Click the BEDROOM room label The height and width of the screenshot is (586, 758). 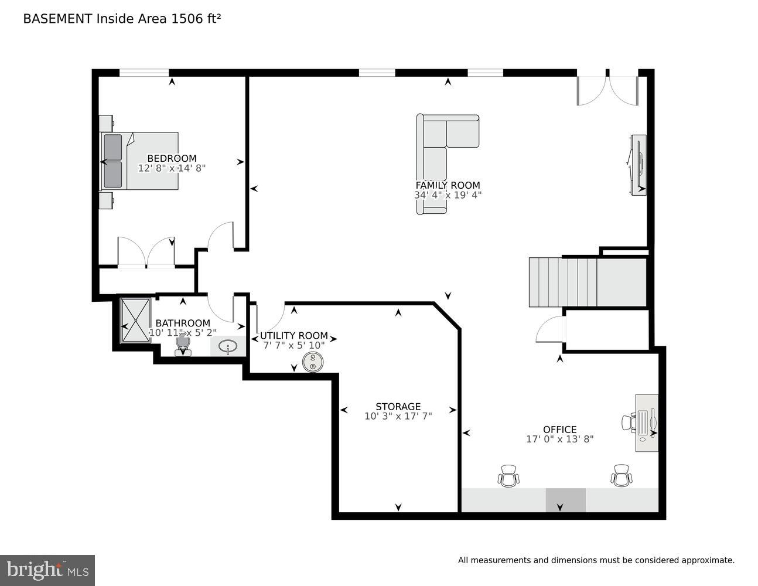point(172,158)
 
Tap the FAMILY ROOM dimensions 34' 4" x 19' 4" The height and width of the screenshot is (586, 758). point(448,195)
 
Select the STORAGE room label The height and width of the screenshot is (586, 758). point(398,406)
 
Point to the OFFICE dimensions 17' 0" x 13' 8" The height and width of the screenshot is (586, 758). point(559,439)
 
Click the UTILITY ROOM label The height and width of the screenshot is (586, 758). point(293,336)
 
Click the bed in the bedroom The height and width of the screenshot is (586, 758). point(141,161)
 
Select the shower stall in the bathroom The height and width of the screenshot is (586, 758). point(135,320)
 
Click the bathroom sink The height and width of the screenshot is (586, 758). point(228,346)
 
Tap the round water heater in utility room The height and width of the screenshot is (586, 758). point(313,362)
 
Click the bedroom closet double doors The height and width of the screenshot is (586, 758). point(146,253)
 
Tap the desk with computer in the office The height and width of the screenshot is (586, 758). point(647,423)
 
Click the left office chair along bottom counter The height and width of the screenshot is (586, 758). point(508,476)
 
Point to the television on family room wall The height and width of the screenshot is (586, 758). point(638,165)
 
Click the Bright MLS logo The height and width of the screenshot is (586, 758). point(47,570)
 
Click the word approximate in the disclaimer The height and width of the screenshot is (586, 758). point(707,560)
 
